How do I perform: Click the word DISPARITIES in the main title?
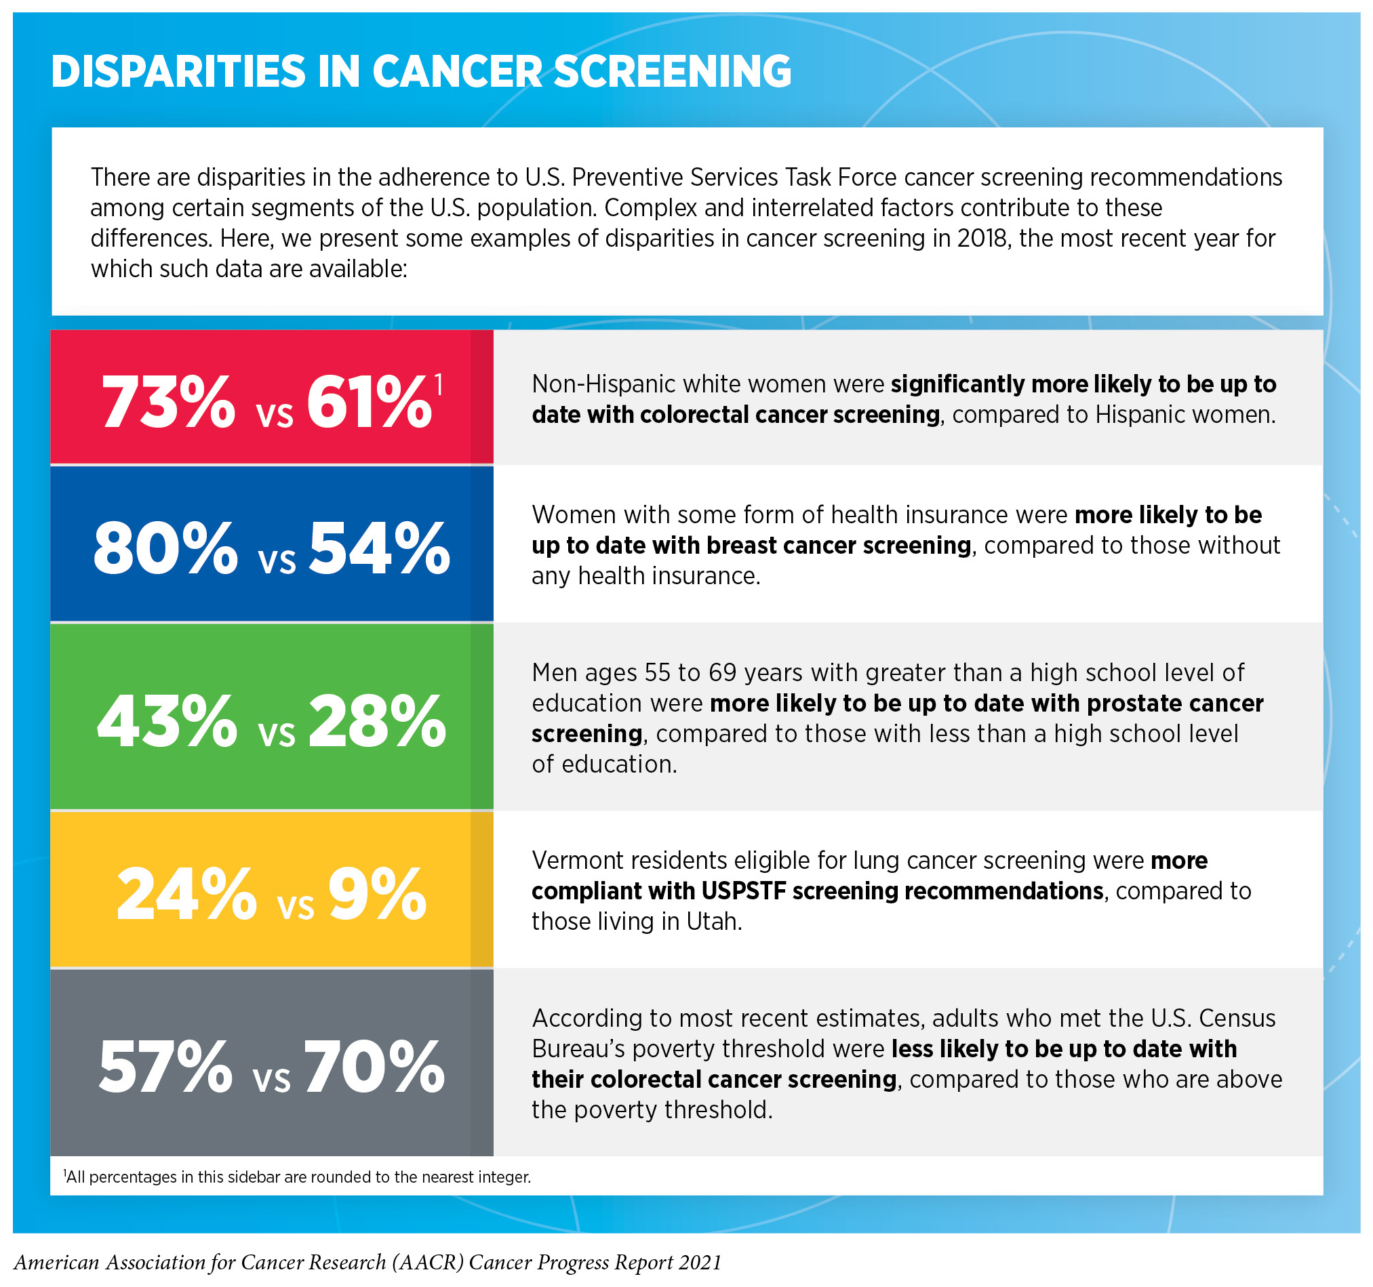178,72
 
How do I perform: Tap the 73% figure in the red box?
169,403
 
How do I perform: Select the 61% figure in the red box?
369,403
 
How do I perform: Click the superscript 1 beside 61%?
438,384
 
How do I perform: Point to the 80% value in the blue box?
165,549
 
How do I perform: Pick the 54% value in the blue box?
379,549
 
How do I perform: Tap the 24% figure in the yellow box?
186,895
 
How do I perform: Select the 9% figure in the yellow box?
377,895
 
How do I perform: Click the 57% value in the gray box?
165,1067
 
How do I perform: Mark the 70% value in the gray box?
374,1067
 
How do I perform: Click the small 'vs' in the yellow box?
296,906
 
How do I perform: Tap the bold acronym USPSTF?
744,891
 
